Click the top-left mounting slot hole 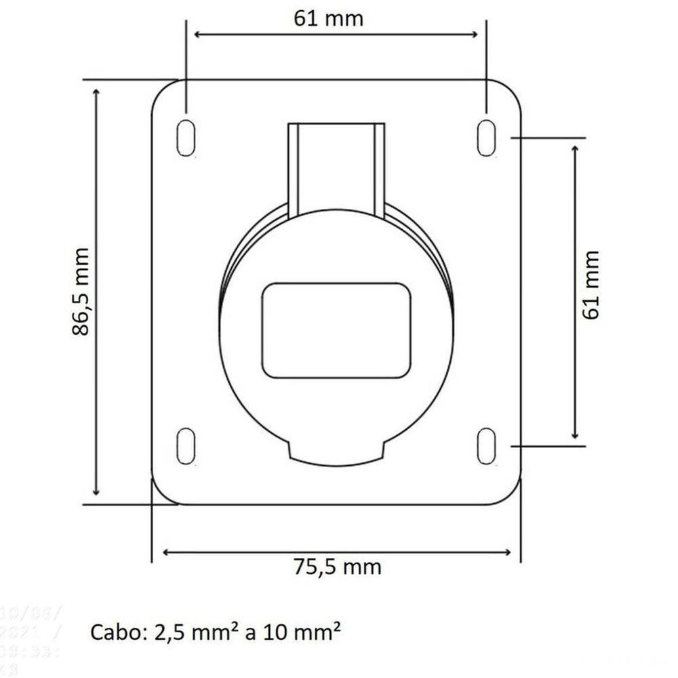pyautogui.click(x=186, y=138)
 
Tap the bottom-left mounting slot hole pyautogui.click(x=186, y=445)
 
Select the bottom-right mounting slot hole pyautogui.click(x=486, y=445)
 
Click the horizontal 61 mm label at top pyautogui.click(x=329, y=18)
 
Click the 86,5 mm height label pyautogui.click(x=82, y=292)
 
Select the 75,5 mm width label pyautogui.click(x=337, y=565)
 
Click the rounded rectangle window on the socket pyautogui.click(x=336, y=330)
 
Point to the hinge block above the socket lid pyautogui.click(x=336, y=166)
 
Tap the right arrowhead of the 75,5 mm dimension pyautogui.click(x=513, y=553)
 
